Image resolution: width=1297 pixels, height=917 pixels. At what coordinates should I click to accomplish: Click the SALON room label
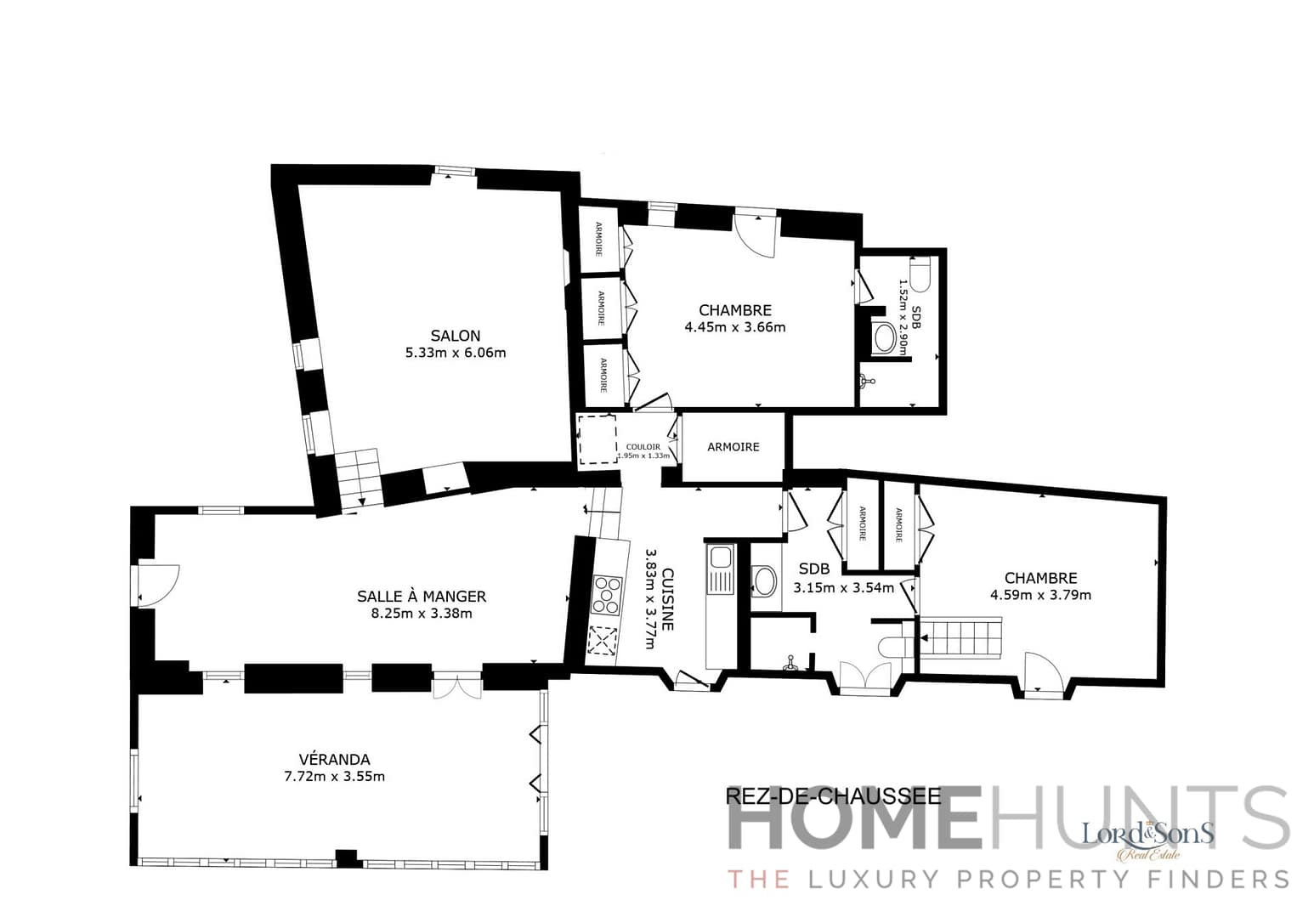tap(455, 336)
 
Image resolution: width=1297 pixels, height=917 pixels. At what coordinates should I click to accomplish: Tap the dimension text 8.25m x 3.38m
tap(422, 613)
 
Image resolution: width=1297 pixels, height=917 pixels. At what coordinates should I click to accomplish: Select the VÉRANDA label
tap(334, 760)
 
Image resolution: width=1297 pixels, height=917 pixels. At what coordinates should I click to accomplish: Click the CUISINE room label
tap(668, 599)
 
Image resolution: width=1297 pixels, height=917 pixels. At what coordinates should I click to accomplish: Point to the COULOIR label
tap(643, 447)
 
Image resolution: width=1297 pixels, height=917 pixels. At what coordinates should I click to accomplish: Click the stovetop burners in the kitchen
tap(606, 595)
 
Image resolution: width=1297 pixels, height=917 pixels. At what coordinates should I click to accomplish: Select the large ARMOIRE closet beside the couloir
tap(733, 447)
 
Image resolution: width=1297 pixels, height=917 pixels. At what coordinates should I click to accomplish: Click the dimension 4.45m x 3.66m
tap(734, 326)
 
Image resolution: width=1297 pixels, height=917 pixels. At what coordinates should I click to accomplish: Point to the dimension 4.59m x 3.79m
tap(1040, 595)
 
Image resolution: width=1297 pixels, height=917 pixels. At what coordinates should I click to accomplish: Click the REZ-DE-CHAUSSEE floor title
tap(833, 796)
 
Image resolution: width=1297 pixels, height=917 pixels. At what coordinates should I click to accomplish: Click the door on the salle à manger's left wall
tap(157, 585)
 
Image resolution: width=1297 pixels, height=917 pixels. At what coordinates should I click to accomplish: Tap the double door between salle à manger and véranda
tap(457, 686)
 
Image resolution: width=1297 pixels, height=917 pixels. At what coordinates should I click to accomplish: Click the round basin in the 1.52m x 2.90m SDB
tap(886, 337)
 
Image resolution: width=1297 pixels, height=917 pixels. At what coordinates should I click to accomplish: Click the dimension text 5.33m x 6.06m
tap(455, 353)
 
